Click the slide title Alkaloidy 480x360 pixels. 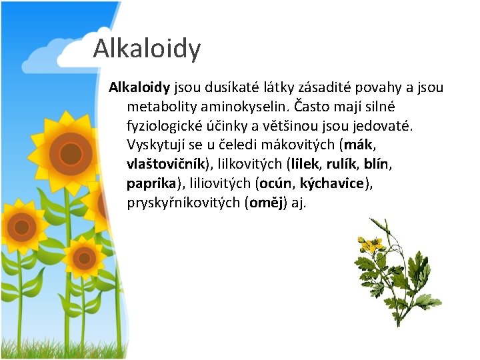(147, 49)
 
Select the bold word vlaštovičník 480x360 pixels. (166, 164)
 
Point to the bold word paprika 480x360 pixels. (151, 183)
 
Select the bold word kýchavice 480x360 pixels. (333, 183)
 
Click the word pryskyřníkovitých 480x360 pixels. (183, 203)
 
